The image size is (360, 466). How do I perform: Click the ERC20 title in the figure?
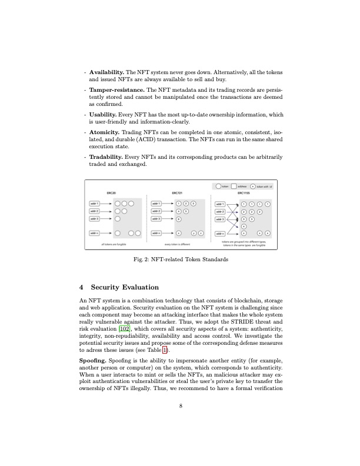point(110,192)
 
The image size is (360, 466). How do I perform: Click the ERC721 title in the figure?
point(176,192)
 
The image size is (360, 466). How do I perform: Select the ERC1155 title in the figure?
point(244,192)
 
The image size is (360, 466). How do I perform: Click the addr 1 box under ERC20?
point(94,203)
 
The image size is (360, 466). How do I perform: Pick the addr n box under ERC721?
point(157,233)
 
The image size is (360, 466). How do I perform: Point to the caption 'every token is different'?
point(177,244)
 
